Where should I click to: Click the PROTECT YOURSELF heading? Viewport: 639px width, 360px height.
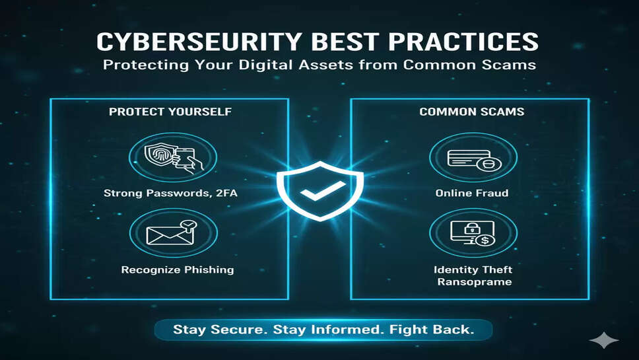click(170, 112)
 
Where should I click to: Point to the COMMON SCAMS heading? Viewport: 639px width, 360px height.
click(472, 112)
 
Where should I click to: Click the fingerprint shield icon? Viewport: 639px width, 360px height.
click(159, 156)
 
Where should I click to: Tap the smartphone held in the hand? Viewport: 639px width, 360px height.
click(185, 157)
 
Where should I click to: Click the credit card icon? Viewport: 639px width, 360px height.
click(469, 158)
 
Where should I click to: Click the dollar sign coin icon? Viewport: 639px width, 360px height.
click(485, 240)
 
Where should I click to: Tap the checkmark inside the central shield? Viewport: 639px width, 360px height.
click(323, 190)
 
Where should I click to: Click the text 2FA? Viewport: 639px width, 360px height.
click(226, 193)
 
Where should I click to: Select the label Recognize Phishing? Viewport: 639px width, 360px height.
click(178, 270)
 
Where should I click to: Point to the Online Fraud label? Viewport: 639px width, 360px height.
click(472, 193)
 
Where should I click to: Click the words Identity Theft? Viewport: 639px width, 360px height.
click(473, 270)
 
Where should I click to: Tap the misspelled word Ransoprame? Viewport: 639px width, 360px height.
click(475, 282)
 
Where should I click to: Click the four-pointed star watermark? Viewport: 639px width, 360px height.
click(603, 340)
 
